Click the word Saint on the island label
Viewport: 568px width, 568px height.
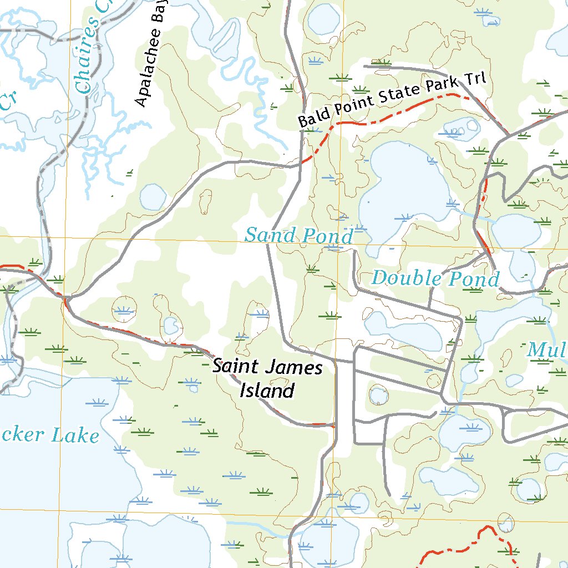[236, 367]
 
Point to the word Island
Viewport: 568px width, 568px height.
[266, 391]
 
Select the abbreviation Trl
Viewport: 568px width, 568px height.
[475, 79]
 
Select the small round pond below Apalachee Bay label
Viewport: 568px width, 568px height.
[153, 197]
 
